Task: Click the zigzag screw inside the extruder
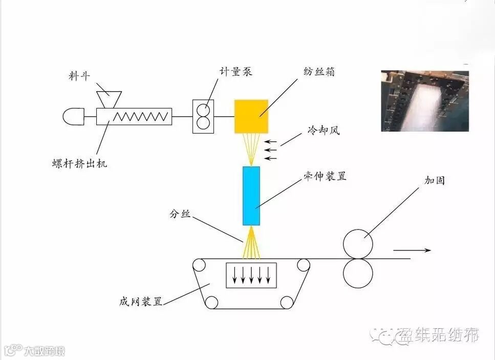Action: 141,116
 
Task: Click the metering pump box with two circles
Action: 203,117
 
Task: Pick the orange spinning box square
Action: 251,116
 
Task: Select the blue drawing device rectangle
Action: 251,196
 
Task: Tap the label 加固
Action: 434,181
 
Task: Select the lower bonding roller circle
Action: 358,273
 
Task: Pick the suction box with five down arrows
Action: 251,275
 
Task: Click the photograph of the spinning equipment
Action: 425,101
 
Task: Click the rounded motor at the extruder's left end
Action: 74,117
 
